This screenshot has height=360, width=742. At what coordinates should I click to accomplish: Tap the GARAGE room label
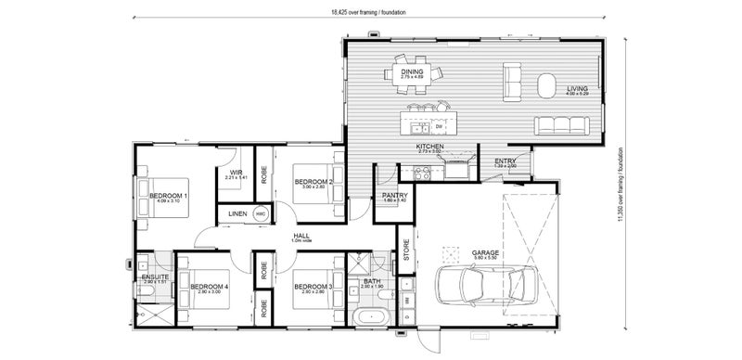point(486,251)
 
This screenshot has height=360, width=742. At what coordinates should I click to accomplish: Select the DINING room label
point(412,71)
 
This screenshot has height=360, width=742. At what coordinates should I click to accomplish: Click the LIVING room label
point(577,89)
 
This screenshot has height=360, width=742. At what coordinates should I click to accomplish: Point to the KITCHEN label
point(429,147)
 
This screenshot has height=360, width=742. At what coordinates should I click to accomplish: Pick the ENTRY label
point(505,161)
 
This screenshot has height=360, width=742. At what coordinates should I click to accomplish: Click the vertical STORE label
point(405,250)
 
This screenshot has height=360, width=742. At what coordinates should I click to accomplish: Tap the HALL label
point(301,237)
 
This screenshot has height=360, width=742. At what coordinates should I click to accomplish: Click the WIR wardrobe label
point(235,173)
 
